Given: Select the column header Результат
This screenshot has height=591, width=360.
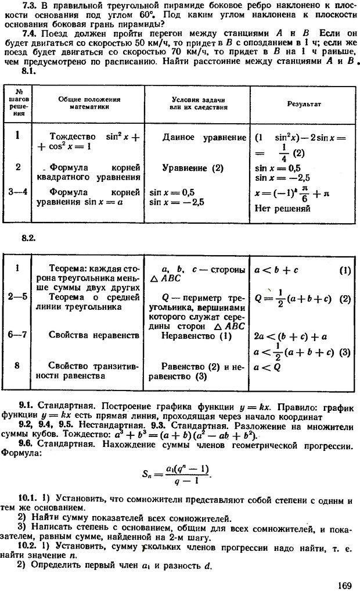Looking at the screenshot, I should tap(304, 104).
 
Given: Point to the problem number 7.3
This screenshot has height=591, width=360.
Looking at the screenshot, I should tap(30, 6).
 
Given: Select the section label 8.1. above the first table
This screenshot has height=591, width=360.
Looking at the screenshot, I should tap(29, 71).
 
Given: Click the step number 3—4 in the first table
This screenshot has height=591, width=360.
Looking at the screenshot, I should tap(19, 191).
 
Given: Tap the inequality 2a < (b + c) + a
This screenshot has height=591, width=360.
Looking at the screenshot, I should tap(287, 335).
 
